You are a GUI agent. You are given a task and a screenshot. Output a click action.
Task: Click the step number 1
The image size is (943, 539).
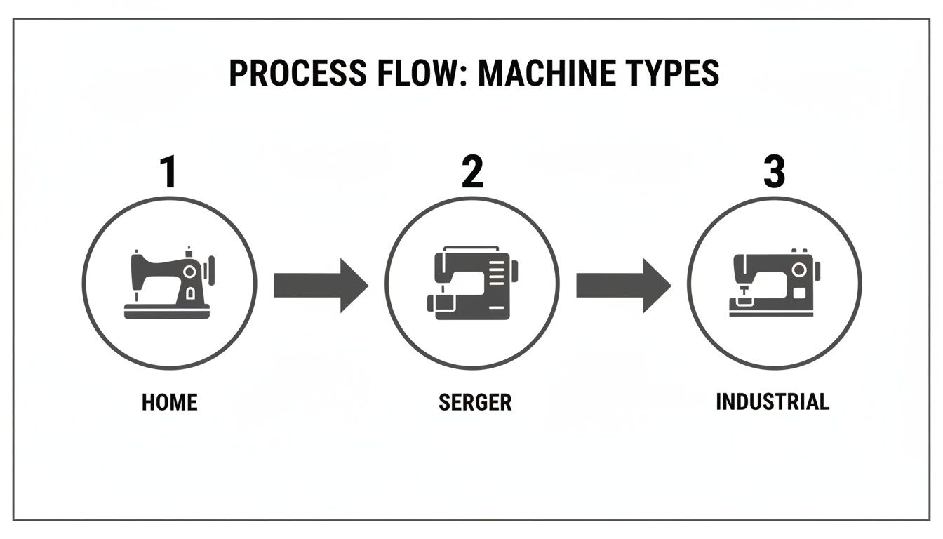pyautogui.click(x=168, y=172)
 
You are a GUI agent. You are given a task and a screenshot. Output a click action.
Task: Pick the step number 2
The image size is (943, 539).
pyautogui.click(x=472, y=172)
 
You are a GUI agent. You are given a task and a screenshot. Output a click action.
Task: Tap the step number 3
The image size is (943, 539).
pyautogui.click(x=774, y=172)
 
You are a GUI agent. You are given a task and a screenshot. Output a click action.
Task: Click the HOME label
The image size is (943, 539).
pyautogui.click(x=170, y=402)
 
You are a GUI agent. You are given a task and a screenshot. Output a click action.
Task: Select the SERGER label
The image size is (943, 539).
pyautogui.click(x=475, y=402)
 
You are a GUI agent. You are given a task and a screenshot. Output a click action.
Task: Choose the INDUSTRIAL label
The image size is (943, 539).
pyautogui.click(x=773, y=401)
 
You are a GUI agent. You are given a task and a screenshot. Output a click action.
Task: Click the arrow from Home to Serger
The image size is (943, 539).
pyautogui.click(x=320, y=285)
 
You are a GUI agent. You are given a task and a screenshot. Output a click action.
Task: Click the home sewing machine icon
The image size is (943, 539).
pyautogui.click(x=169, y=284)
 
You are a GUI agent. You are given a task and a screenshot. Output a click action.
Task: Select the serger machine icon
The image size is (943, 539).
pyautogui.click(x=472, y=284)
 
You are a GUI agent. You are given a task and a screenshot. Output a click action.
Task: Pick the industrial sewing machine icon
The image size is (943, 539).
pyautogui.click(x=774, y=284)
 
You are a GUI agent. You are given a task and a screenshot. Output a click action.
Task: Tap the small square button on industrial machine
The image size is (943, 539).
pyautogui.click(x=799, y=291)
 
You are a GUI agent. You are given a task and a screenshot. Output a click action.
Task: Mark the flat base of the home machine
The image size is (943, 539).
pyautogui.click(x=167, y=312)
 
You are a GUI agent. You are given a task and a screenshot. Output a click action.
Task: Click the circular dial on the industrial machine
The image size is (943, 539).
pyautogui.click(x=798, y=269)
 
